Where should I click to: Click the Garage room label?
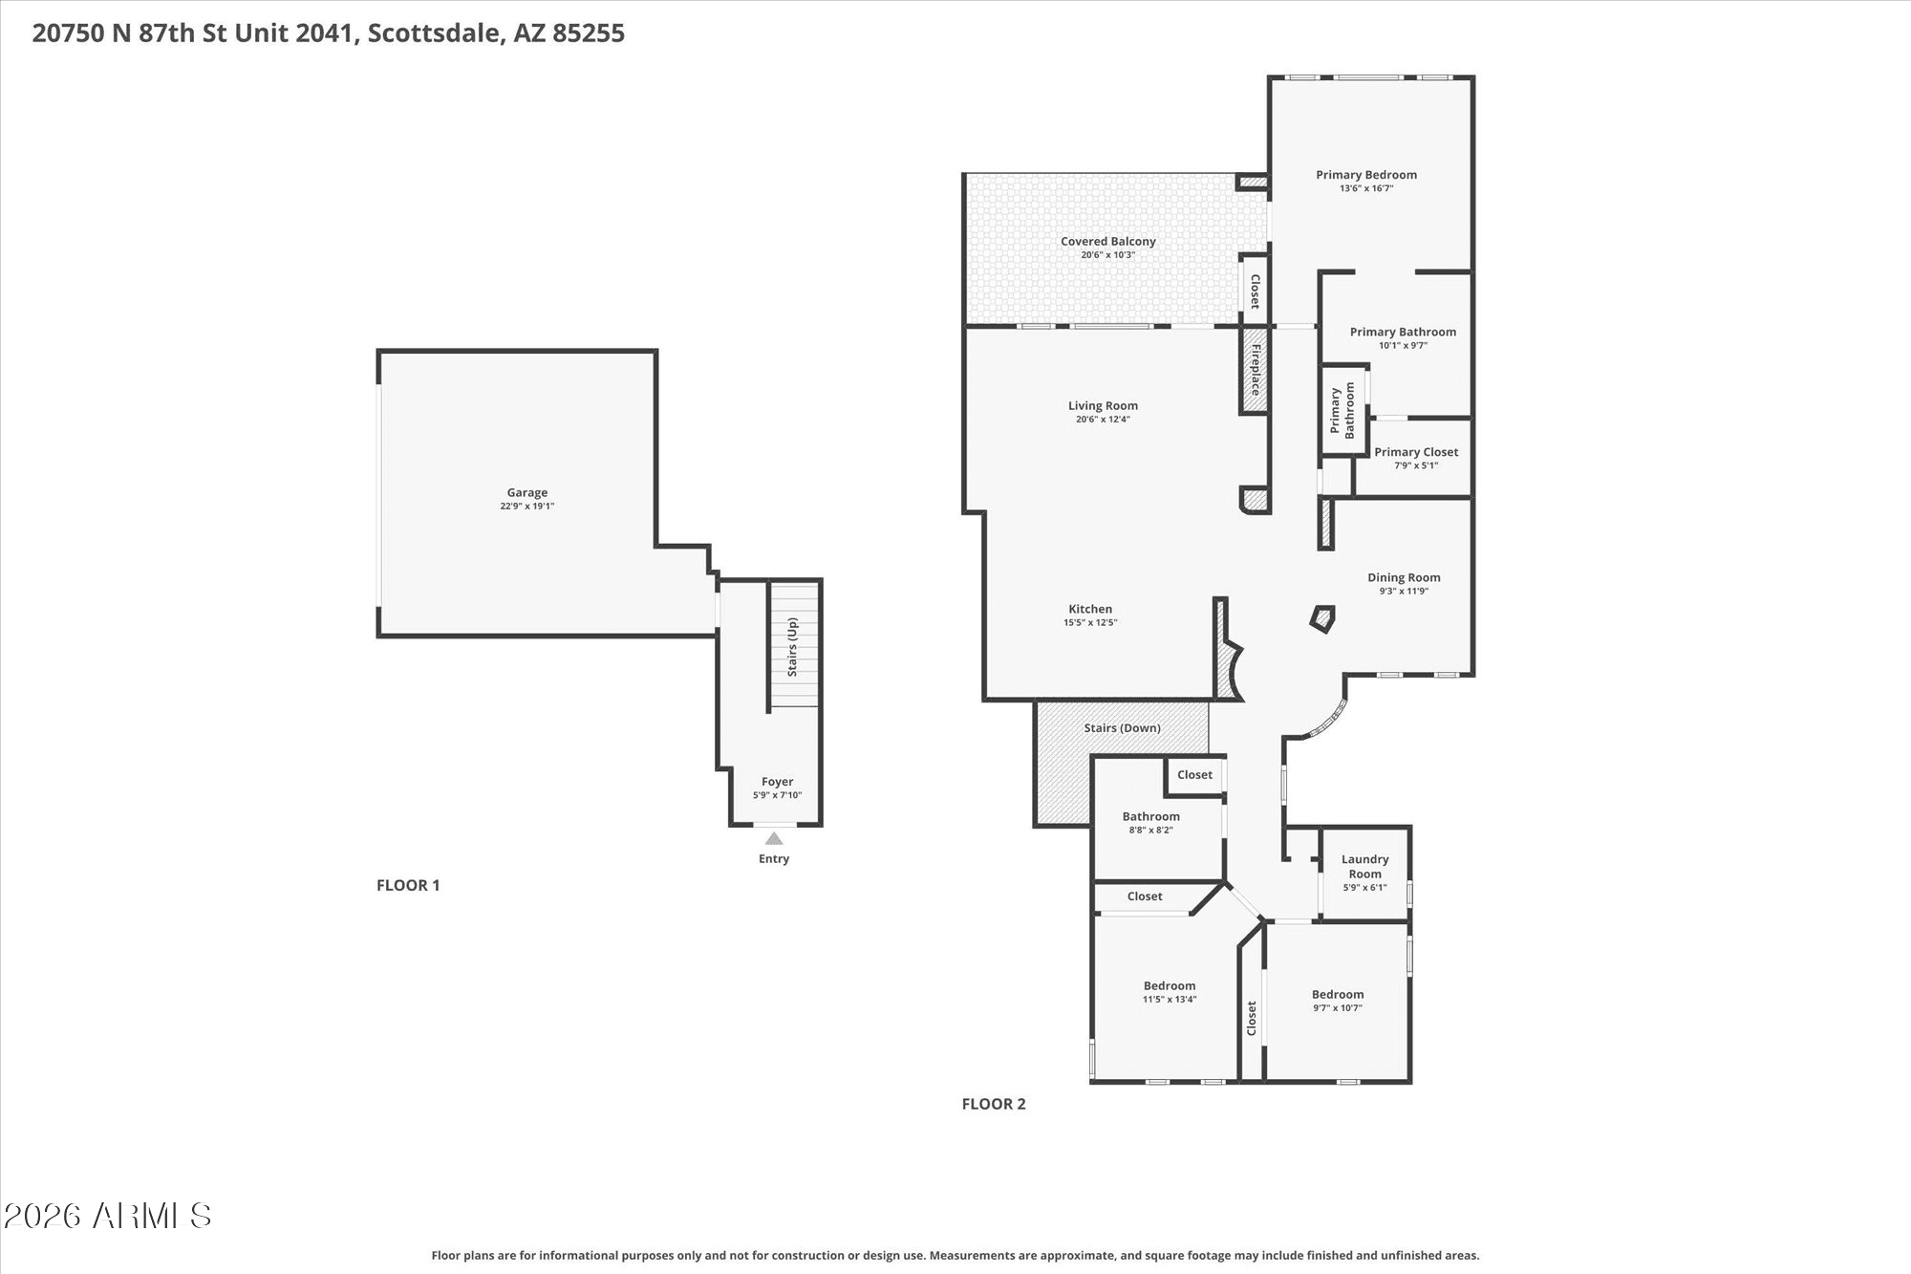coord(527,493)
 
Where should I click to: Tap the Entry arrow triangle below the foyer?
coord(774,838)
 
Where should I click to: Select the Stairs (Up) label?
coord(792,647)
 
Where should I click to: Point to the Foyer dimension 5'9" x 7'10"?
coord(777,795)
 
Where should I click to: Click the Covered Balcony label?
coord(1108,242)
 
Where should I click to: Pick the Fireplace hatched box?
coord(1255,371)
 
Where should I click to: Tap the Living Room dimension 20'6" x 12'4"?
coord(1103,420)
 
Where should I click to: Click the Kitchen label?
coord(1090,609)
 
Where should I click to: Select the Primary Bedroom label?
coord(1366,175)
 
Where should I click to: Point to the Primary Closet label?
coord(1416,452)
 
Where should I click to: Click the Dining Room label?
coord(1404,577)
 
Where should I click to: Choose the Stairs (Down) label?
coord(1122,728)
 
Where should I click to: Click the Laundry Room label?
coord(1364,867)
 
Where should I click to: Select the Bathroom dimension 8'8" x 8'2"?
coord(1150,831)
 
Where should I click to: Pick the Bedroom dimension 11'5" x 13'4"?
coord(1170,1000)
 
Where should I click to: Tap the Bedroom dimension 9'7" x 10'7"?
coord(1338,1008)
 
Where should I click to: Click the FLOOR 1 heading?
coord(408,885)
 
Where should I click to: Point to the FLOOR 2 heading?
coord(994,1104)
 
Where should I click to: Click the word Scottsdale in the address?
coord(435,33)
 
